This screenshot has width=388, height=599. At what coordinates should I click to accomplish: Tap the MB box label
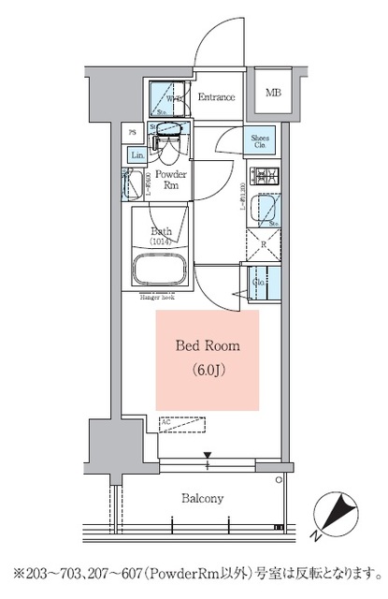tap(273, 93)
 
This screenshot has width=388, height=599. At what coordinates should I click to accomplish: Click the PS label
tap(133, 132)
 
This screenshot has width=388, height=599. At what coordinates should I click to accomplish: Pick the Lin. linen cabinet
tap(137, 154)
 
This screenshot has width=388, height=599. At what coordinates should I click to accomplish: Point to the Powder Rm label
tap(169, 180)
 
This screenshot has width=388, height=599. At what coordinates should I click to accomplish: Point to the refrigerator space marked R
tap(264, 245)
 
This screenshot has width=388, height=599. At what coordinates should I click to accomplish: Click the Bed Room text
tap(208, 345)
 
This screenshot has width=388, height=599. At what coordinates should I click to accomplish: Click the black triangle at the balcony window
tap(208, 457)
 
